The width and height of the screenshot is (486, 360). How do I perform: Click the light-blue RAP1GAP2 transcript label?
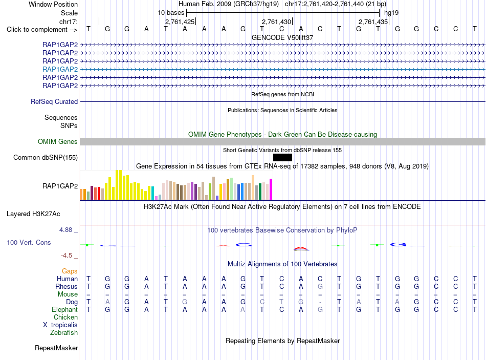(60, 69)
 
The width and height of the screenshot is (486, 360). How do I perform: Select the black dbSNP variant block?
(282, 157)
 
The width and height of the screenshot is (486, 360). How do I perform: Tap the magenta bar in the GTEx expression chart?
(271, 189)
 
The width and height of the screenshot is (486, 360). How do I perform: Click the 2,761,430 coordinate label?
(276, 22)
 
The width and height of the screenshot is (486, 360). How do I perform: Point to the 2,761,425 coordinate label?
(180, 22)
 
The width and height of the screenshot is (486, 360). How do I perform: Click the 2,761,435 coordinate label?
(373, 22)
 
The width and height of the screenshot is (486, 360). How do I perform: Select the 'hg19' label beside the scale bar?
(391, 13)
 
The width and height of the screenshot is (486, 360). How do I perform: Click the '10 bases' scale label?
(171, 13)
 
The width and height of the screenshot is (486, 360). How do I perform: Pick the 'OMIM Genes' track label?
(58, 141)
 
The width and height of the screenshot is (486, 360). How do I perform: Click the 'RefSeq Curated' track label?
(54, 101)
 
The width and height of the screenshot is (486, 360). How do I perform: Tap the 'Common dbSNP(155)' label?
(46, 157)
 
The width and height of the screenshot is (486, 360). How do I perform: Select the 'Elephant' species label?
(65, 309)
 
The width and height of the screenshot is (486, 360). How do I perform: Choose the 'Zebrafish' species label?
(64, 332)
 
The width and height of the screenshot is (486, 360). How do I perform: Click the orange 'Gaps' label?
(70, 271)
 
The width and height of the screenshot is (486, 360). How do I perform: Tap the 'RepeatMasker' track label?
(56, 348)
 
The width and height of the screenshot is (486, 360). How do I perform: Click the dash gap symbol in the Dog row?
(320, 302)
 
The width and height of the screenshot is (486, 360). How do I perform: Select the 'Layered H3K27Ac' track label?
(33, 214)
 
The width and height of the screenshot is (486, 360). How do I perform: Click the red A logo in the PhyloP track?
(301, 248)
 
